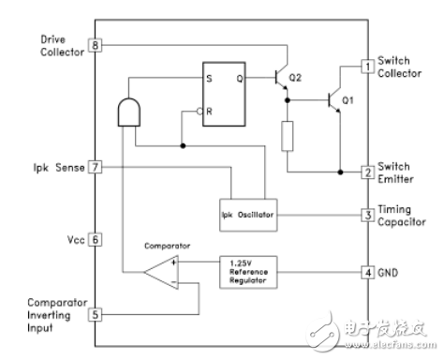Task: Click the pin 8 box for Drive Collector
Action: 94,45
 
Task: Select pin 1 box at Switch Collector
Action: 368,67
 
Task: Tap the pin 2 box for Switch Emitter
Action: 368,172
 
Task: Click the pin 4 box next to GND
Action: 368,273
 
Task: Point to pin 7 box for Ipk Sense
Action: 94,168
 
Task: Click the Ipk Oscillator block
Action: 248,215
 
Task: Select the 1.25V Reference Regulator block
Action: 248,273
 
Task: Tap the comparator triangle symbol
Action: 163,274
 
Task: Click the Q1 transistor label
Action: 350,99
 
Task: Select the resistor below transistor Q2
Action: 289,136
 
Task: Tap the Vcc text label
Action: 74,239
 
